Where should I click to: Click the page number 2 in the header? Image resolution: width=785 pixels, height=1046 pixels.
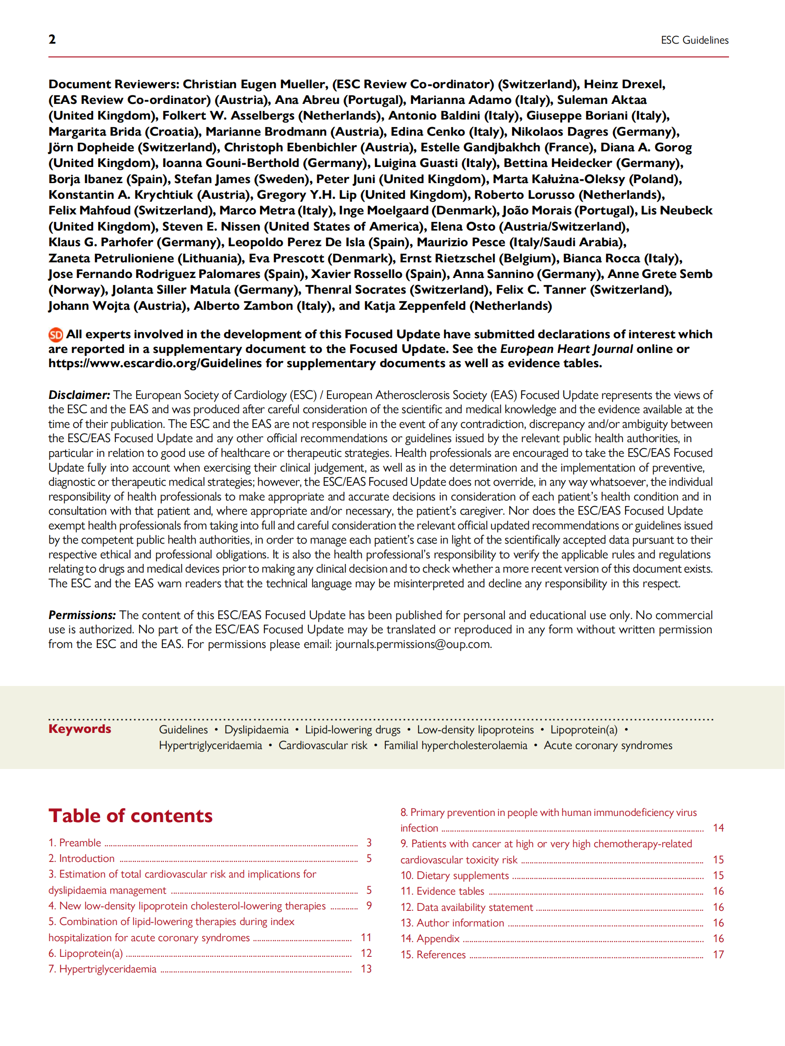pos(52,39)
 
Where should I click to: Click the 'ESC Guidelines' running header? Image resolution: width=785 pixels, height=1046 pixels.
pos(694,40)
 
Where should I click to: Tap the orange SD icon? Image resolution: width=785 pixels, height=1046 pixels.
pos(56,335)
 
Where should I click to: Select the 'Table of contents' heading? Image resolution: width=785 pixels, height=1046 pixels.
pos(131,815)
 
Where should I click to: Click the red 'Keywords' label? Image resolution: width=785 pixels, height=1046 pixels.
pos(80,729)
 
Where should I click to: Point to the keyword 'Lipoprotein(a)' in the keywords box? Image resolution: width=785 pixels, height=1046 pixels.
pos(584,730)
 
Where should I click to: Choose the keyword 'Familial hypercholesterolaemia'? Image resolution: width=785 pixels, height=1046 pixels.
pos(455,745)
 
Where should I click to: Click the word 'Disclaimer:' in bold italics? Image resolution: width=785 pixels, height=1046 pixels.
pos(79,395)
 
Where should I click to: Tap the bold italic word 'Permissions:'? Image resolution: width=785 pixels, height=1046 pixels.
pos(82,615)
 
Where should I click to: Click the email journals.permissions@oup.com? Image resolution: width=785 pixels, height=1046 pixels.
pos(413,644)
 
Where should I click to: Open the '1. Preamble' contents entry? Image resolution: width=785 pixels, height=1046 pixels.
pos(75,842)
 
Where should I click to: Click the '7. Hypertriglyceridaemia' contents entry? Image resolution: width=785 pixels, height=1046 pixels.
pos(103,969)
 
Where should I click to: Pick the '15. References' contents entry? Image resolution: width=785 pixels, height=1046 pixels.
pos(433,954)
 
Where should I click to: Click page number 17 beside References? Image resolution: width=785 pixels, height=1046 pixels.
pos(718,954)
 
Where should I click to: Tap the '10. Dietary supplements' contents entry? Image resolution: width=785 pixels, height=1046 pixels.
pos(455,875)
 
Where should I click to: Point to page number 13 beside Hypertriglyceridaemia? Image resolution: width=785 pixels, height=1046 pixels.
pos(366,969)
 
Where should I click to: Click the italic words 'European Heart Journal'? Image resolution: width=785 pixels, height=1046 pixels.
pos(566,349)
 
